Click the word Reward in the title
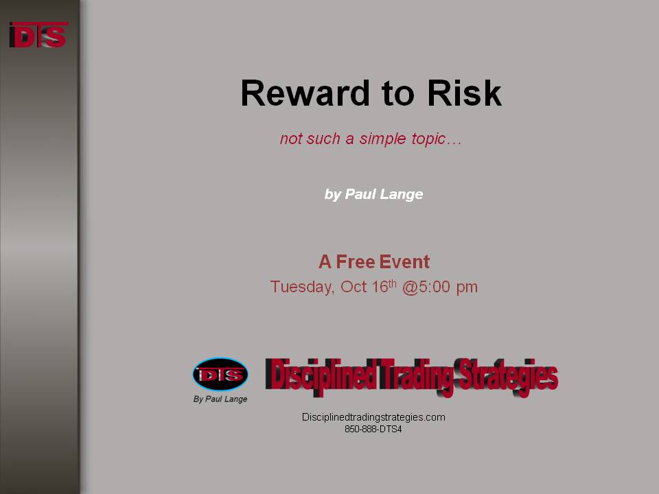click(x=305, y=93)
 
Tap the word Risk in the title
click(x=464, y=93)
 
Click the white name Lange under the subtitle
click(x=402, y=194)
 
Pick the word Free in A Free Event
click(x=355, y=261)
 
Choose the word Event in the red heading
click(x=404, y=261)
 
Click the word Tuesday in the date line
click(x=302, y=287)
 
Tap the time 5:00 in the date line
click(x=435, y=287)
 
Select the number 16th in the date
click(x=384, y=286)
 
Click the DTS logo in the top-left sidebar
click(x=38, y=34)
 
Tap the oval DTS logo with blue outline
click(x=220, y=375)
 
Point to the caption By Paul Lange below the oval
click(x=220, y=399)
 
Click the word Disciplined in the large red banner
click(x=321, y=375)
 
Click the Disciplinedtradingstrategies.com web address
click(x=373, y=417)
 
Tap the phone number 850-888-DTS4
click(x=373, y=430)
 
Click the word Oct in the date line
click(x=354, y=287)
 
